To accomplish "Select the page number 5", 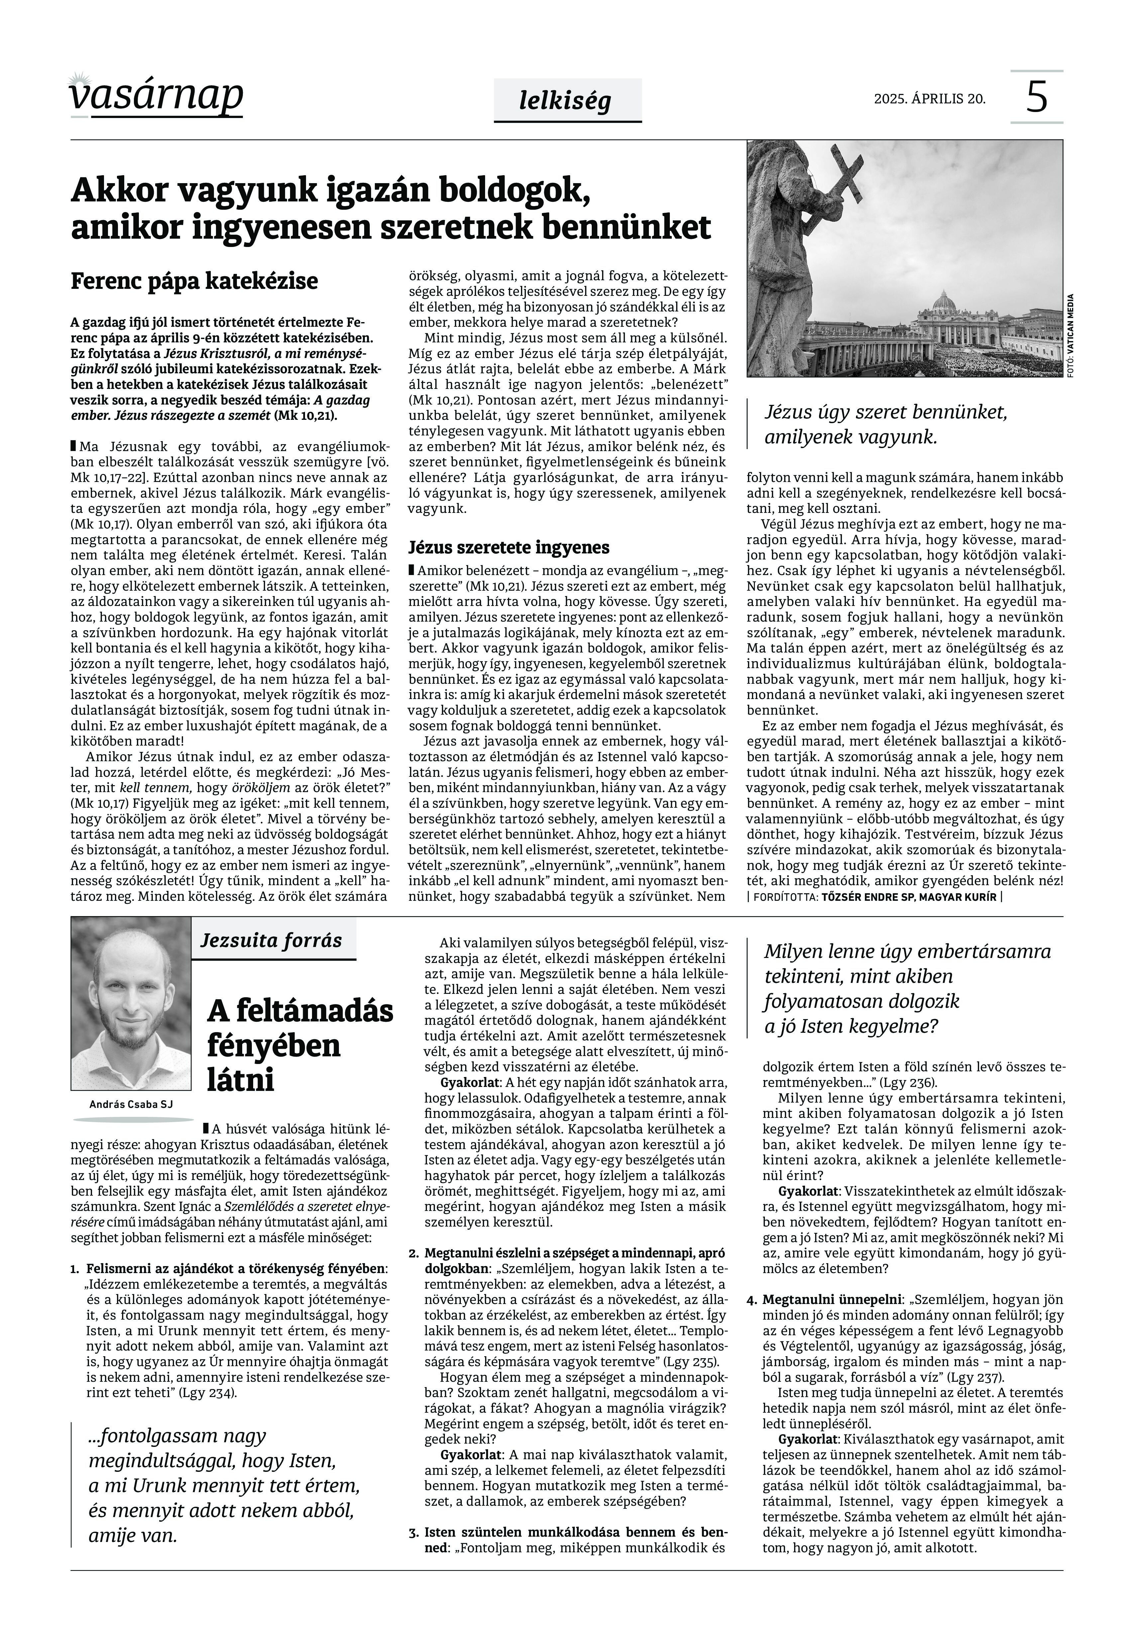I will [x=1037, y=97].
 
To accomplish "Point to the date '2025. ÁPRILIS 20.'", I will [x=929, y=99].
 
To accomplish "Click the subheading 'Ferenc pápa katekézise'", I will [x=194, y=282].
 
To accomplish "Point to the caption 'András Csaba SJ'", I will [x=131, y=1104].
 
